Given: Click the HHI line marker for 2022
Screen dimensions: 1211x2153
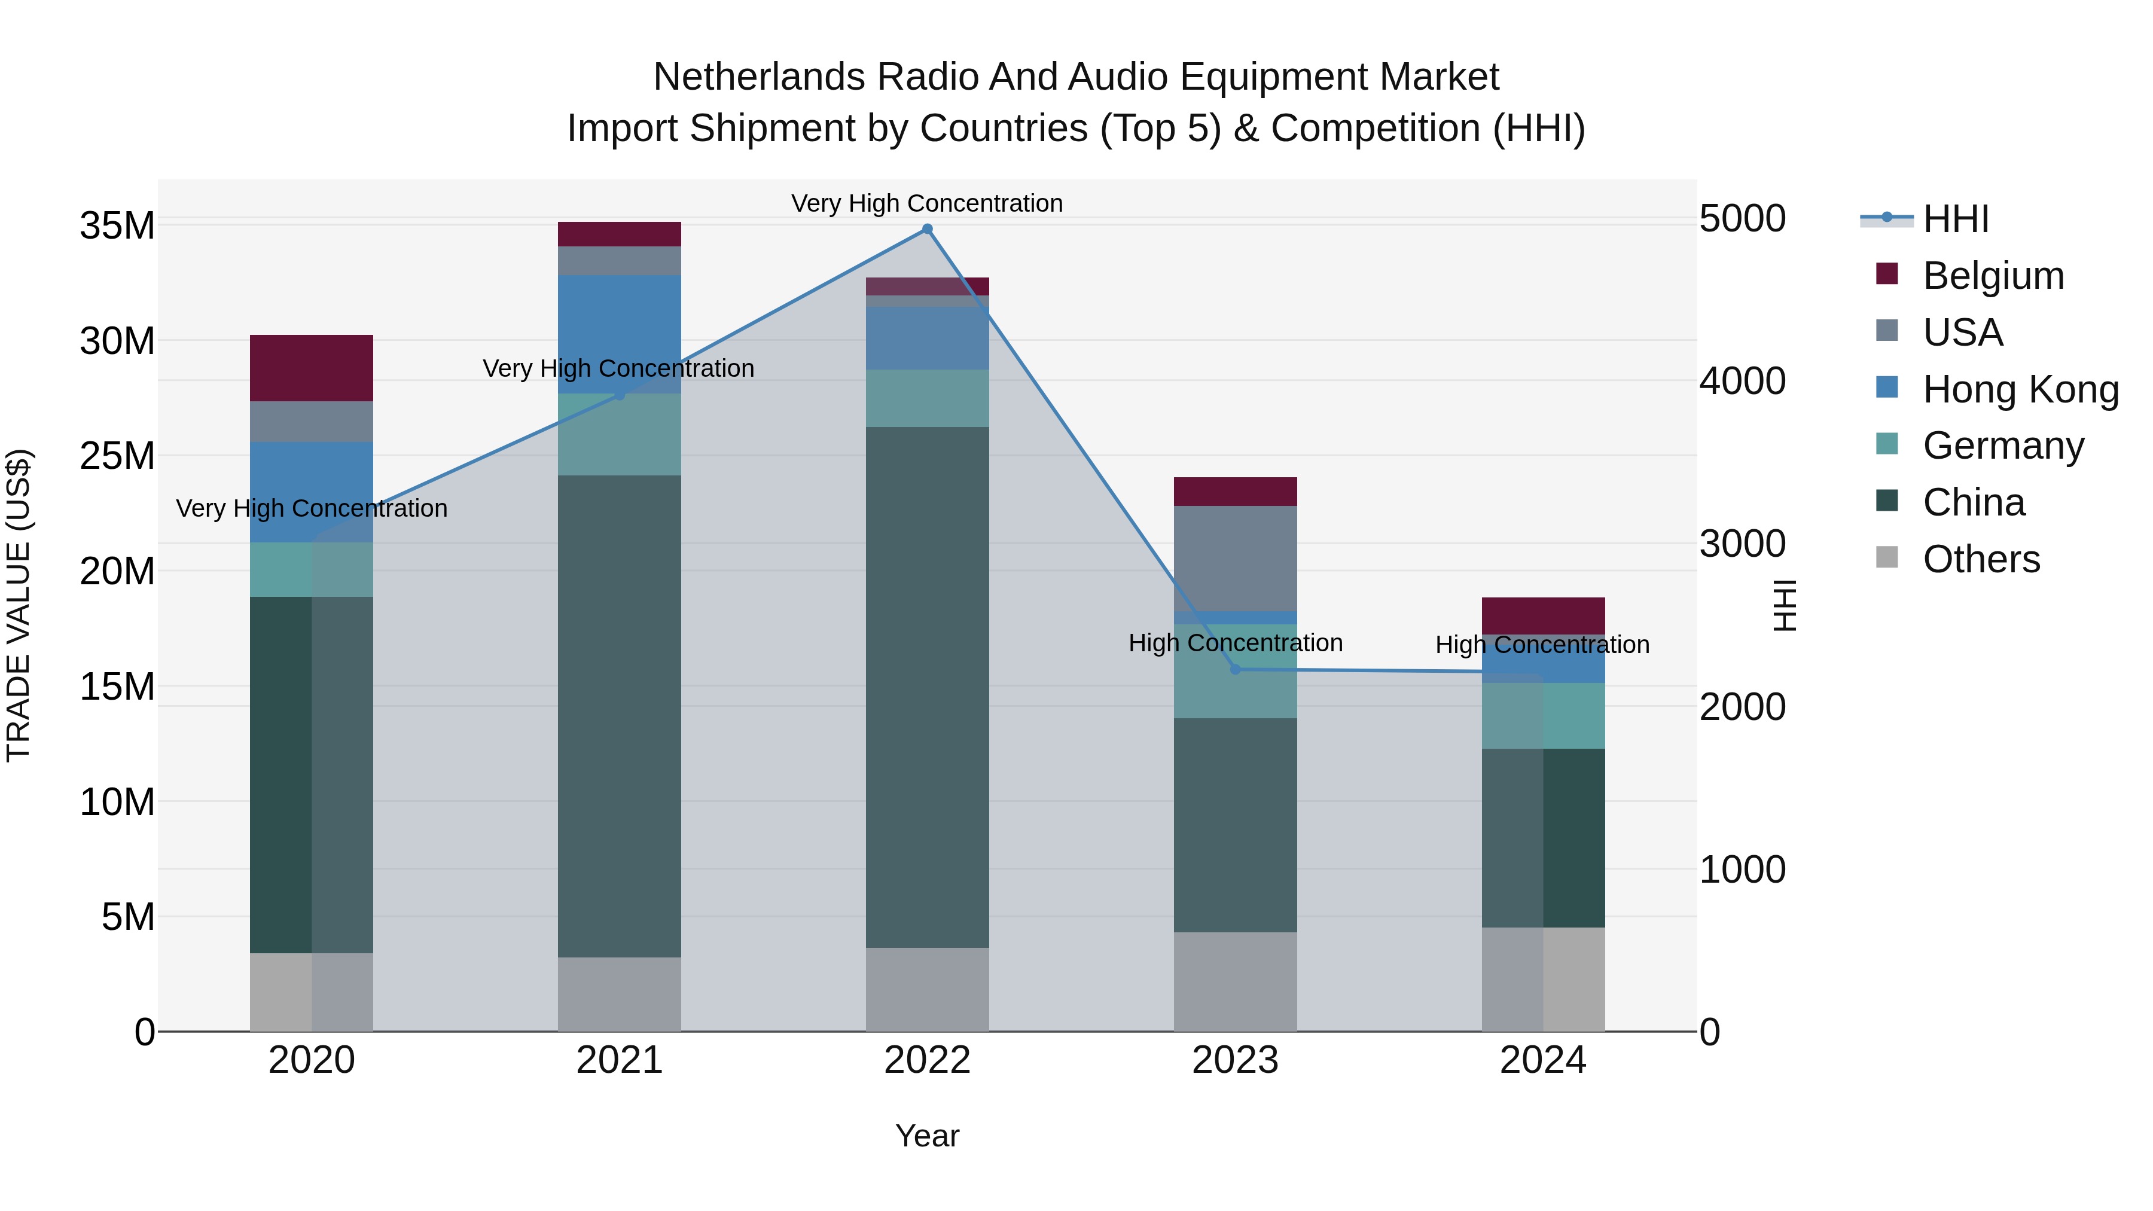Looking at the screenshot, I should (x=927, y=229).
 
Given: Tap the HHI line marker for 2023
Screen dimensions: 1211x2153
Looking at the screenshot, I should (x=1236, y=669).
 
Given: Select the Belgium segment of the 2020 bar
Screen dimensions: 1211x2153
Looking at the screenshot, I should (x=311, y=368).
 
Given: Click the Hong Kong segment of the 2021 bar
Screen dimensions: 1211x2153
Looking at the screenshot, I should (x=620, y=334).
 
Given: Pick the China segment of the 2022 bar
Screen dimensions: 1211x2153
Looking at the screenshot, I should (x=927, y=687).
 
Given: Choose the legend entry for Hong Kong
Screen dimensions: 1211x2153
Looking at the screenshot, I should (x=2020, y=389).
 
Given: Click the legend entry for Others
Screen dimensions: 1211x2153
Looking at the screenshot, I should (x=1981, y=559).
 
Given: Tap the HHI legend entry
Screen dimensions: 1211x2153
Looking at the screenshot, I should (x=1955, y=219).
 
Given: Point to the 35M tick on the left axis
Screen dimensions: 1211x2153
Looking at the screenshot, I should (x=117, y=225).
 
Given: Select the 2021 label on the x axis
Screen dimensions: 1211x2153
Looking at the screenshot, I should (x=620, y=1060).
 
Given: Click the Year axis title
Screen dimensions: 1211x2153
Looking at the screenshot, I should (x=927, y=1136).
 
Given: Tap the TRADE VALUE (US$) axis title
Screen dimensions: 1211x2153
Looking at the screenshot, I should (x=19, y=605).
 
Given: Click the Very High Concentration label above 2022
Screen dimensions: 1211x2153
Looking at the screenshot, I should (x=927, y=203).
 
